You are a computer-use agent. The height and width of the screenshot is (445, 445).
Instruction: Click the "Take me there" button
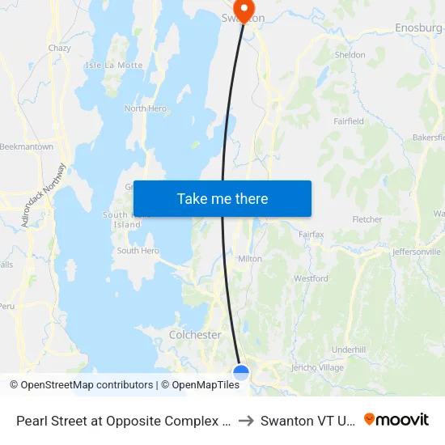click(x=222, y=198)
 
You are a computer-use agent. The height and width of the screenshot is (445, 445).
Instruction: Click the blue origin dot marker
click(x=241, y=372)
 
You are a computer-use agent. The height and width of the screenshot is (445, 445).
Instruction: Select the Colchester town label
click(x=195, y=334)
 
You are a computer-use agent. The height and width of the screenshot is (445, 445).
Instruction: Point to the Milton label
click(x=249, y=259)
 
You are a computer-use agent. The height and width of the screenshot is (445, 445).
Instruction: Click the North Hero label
click(x=146, y=108)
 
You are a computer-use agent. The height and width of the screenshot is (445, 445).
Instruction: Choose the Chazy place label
click(x=59, y=49)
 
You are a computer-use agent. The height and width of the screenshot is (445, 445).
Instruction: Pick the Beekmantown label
click(x=27, y=146)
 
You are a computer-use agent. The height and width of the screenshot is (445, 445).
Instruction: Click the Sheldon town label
click(x=350, y=55)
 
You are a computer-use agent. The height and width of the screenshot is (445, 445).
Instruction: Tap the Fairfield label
click(x=349, y=121)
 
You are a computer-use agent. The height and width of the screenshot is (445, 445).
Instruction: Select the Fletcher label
click(x=367, y=219)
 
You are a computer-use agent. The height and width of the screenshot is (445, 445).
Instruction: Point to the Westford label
click(x=311, y=278)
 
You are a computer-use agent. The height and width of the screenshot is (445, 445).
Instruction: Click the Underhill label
click(x=349, y=349)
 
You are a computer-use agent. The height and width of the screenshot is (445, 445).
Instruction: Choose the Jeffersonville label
click(x=416, y=252)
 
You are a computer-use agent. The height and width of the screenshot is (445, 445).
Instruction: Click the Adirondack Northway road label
click(x=44, y=195)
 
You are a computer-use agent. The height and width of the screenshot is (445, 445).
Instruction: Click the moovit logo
click(x=396, y=419)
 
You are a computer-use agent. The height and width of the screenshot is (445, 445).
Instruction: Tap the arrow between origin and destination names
click(x=246, y=420)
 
